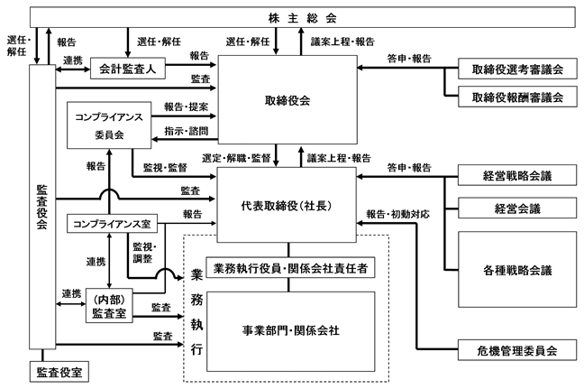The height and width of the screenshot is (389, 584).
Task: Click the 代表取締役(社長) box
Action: point(292,205)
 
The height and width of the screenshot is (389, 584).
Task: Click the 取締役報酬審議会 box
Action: point(516,96)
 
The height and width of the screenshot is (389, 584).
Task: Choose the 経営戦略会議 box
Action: point(516,177)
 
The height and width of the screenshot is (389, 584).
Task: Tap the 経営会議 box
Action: point(516,208)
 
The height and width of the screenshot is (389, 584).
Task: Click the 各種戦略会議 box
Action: point(516,269)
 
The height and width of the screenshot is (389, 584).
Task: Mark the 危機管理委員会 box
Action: point(516,348)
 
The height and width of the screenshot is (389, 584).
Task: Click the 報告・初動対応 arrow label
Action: point(397,216)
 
